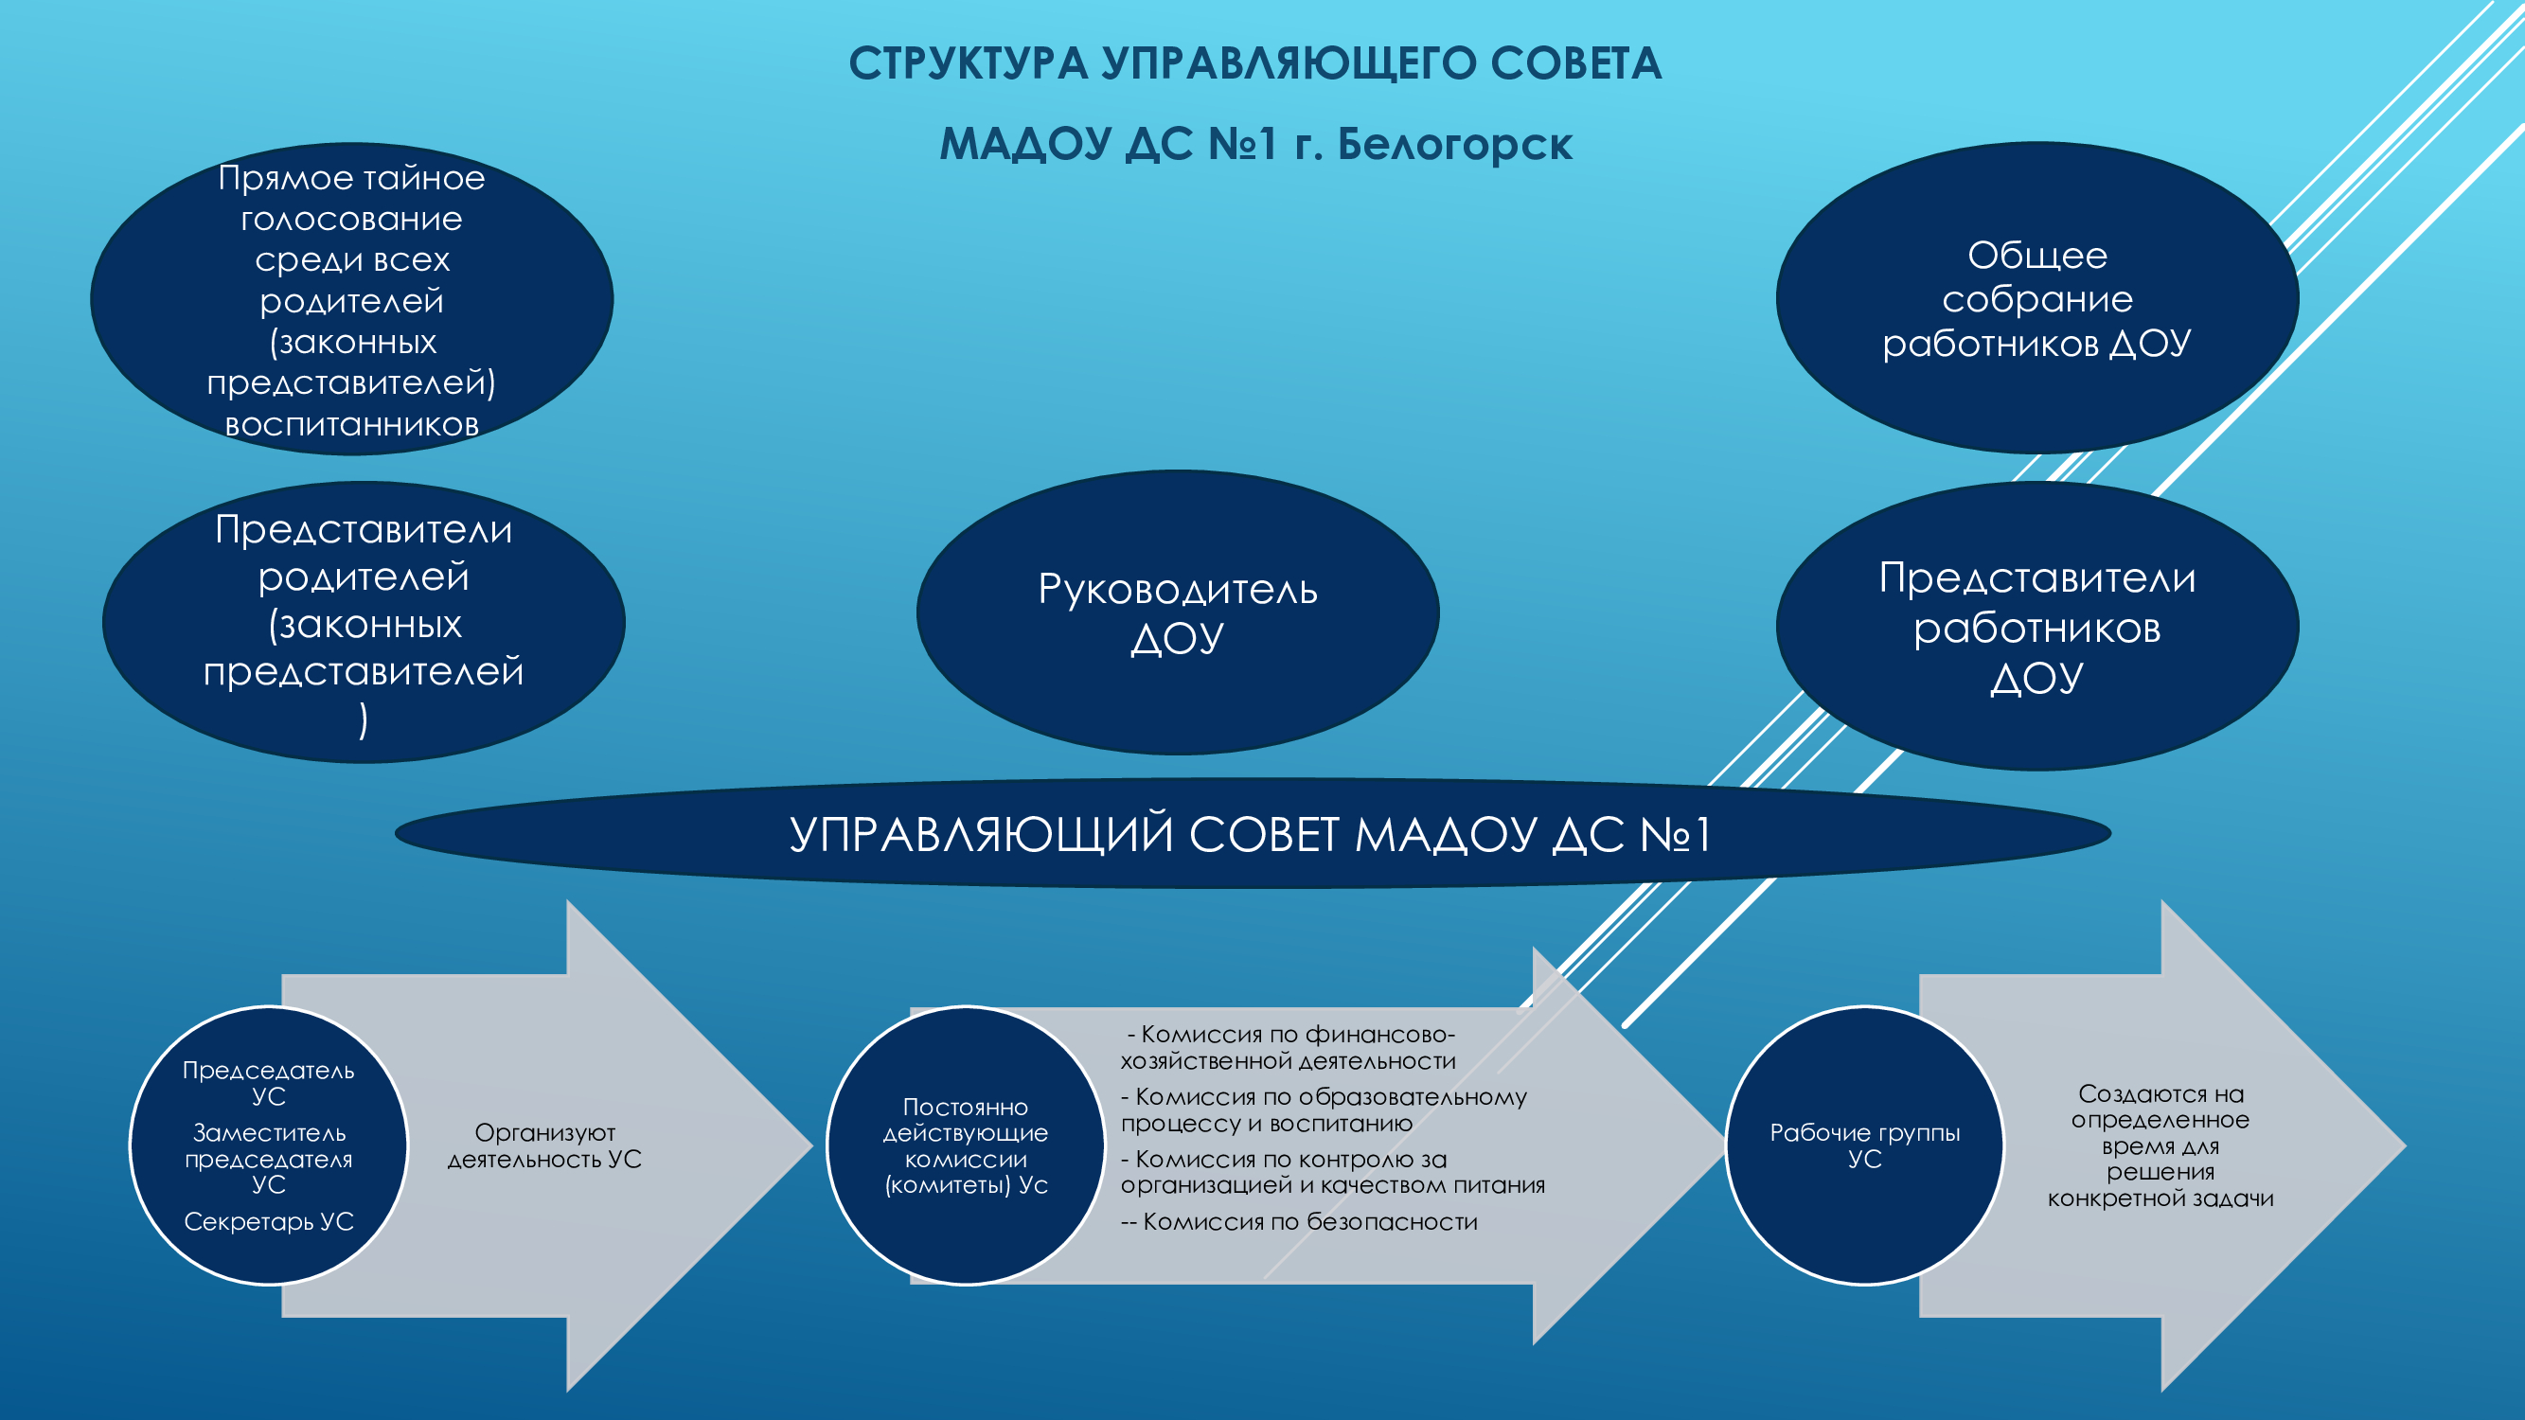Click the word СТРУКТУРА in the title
969,64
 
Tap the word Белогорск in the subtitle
1455,144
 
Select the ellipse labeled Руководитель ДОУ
1177,612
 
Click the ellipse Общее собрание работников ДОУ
2036,298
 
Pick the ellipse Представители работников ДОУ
2036,626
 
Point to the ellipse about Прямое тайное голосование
352,299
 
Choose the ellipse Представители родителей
364,622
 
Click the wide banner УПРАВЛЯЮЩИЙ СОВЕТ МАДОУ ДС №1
1253,834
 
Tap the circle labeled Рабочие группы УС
1864,1145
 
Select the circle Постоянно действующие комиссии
966,1145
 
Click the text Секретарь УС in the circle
269,1222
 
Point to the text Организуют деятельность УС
545,1145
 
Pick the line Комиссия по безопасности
1300,1222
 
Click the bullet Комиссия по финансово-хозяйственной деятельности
1289,1048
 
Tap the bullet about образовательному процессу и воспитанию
1325,1110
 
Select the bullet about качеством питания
1333,1172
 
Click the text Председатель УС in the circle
269,1083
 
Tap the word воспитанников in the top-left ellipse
352,425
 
